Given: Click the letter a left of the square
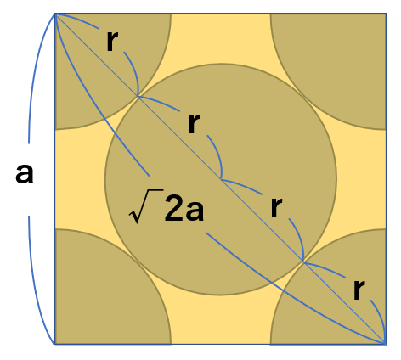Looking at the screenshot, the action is [x=25, y=173].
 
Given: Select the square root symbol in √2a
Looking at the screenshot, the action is [x=146, y=206].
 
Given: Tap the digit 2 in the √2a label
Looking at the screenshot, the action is [x=173, y=208].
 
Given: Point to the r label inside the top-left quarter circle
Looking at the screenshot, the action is [x=112, y=42].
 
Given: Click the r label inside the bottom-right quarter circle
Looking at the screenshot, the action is [x=359, y=290].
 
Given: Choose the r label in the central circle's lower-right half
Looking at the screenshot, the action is [x=276, y=207].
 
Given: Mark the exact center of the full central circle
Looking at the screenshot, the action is [x=221, y=179].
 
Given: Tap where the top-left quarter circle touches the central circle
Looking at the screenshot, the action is [x=138, y=97].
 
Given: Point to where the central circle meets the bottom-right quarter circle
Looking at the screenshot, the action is [x=303, y=262].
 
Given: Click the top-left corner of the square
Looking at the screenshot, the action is [x=55, y=14].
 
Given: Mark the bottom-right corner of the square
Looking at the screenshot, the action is [x=387, y=344].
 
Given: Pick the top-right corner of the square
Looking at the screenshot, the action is [x=387, y=14].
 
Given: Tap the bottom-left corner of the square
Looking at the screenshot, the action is [x=55, y=344].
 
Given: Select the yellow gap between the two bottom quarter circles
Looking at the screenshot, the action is [x=221, y=320].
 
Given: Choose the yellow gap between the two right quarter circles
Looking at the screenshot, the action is [x=362, y=179].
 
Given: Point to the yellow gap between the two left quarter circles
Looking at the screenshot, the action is [x=80, y=179].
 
